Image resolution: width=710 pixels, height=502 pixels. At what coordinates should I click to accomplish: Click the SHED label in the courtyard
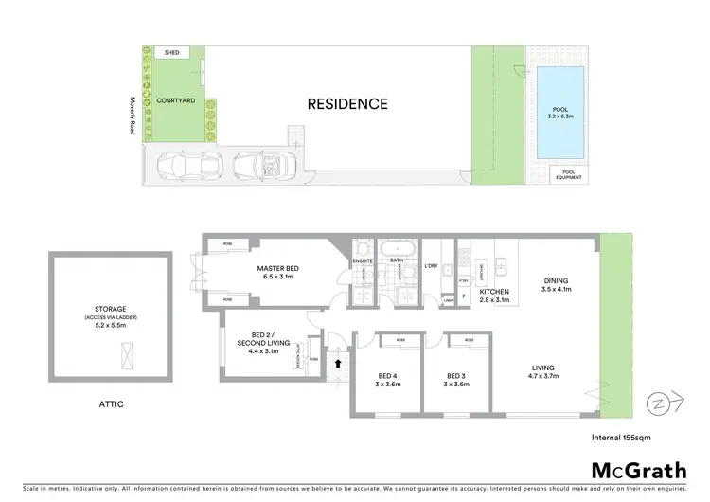click(171, 53)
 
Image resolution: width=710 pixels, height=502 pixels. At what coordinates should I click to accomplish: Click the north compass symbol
click(657, 404)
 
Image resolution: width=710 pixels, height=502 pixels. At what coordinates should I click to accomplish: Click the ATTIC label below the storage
click(109, 404)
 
